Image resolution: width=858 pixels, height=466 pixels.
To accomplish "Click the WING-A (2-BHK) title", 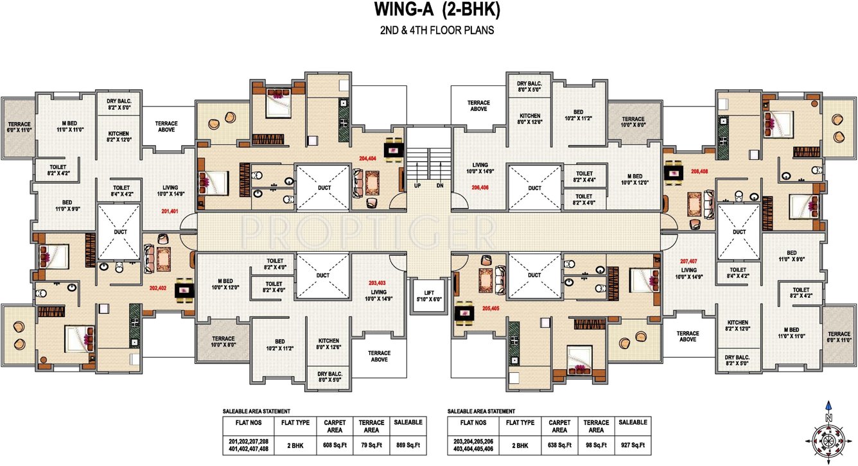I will pos(428,10).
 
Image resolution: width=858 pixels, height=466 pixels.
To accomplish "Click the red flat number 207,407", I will pos(688,261).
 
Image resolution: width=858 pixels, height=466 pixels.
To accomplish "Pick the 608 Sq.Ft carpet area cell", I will pos(336,445).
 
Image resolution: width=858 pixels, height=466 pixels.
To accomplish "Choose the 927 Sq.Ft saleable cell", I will pos(632,445).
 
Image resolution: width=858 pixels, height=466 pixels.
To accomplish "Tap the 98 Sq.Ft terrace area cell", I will pos(595,445).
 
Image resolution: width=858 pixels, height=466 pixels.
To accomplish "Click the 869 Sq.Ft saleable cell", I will pos(408,445).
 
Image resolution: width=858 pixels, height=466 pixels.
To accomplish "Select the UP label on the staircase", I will pos(418,186).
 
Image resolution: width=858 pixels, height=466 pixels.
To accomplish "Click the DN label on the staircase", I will pos(440,186).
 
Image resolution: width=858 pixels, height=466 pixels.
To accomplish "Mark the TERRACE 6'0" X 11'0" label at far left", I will pos(19,126).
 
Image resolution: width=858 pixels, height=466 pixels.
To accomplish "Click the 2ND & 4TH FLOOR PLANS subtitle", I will pos(428,30).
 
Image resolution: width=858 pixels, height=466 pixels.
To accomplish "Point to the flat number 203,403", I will pos(377,283).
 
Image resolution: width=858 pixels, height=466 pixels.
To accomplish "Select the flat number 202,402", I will pos(158,288).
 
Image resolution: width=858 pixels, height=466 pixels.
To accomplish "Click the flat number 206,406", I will pos(480,187).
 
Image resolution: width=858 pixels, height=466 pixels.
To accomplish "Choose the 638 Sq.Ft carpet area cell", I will pos(559,445).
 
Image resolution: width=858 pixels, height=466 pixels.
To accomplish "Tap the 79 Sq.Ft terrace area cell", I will pos(372,445).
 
